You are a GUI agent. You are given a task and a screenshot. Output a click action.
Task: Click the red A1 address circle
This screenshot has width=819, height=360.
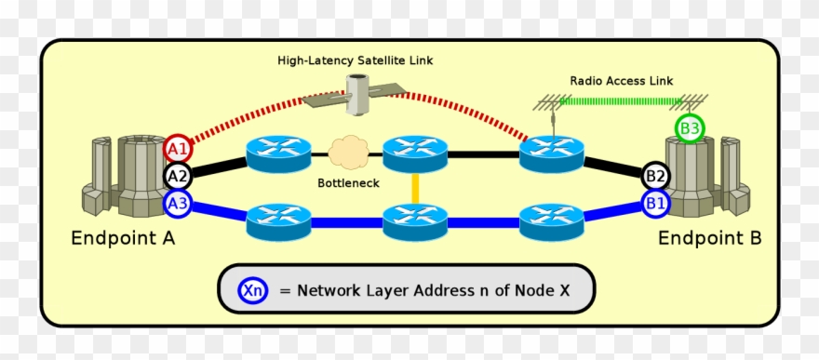pos(178,148)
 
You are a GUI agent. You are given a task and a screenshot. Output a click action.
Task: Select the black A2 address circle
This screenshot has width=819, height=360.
pos(178,175)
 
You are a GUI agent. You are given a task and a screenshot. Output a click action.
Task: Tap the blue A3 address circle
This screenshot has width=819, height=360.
pos(178,202)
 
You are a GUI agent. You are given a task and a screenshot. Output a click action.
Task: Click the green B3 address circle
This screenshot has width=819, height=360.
pos(690,129)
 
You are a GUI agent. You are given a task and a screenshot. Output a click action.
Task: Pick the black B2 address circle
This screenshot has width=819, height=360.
pos(656,175)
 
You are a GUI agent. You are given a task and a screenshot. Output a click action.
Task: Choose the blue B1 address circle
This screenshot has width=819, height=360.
pos(656,202)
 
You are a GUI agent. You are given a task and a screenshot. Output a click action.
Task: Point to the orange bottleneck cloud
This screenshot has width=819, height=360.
pos(348,153)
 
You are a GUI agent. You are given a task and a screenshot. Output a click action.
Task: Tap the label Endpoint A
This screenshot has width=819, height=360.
pos(123,239)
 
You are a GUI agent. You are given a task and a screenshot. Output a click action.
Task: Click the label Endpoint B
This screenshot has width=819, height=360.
pos(709,239)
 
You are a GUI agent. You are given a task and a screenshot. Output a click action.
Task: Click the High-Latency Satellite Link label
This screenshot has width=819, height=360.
pos(355,60)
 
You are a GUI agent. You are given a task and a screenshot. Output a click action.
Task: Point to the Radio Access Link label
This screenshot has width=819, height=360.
pos(621,81)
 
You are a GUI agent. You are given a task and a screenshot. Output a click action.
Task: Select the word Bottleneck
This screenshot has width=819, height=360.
pos(348,183)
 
